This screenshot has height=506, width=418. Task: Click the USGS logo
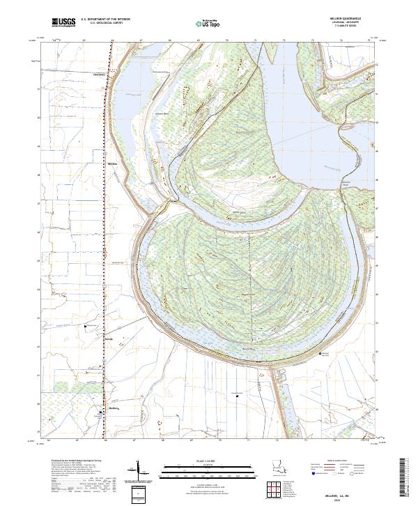point(63,23)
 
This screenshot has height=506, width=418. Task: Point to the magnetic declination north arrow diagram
point(139,469)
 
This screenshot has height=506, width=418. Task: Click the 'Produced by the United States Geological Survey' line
point(72,461)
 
